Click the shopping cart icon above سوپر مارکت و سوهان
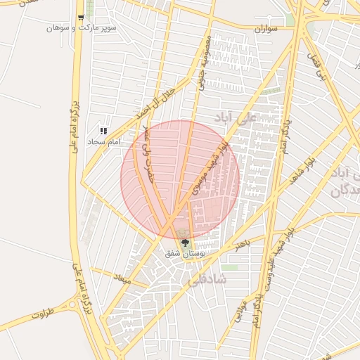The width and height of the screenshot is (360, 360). point(81,18)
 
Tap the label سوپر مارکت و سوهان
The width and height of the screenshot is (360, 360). point(81,28)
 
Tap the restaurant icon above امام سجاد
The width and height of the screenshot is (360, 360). point(103,130)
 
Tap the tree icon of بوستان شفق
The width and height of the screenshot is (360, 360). point(185,243)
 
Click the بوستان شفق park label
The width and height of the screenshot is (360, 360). point(184,253)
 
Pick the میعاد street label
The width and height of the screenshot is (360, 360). point(124,278)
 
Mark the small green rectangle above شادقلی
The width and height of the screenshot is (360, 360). point(231,267)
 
